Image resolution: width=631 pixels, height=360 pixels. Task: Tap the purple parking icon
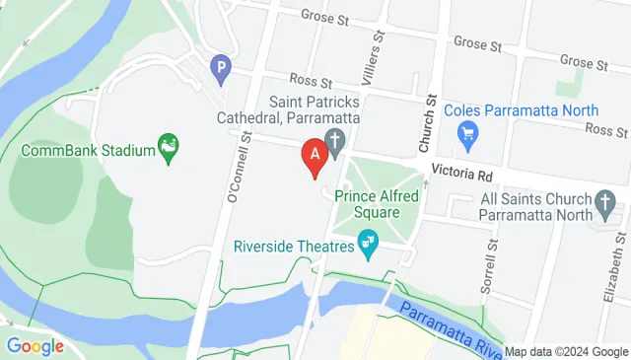221,68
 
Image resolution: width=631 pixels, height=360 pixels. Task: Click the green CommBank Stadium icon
170,150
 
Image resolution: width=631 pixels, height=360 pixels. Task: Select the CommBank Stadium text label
89,151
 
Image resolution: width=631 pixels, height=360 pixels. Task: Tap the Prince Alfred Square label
367,203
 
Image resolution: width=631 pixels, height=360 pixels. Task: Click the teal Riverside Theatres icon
369,241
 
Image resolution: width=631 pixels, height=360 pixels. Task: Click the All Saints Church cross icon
607,205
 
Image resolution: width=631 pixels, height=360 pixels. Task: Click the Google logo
35,346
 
